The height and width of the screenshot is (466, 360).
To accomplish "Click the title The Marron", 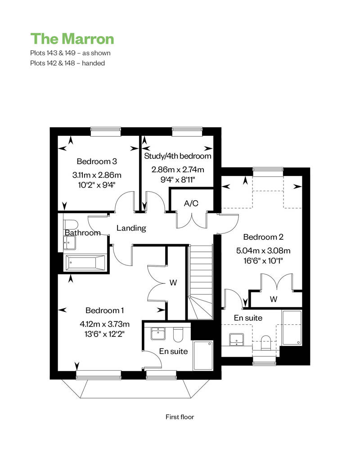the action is coord(72,39).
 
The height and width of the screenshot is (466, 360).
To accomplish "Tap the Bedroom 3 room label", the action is coord(97,161).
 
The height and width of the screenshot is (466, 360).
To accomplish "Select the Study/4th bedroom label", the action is coord(177,156).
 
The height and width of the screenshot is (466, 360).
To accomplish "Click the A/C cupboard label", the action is coord(191,203).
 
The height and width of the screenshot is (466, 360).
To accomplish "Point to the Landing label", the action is coord(131,228).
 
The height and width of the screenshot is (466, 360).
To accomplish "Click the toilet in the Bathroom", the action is coord(71,224).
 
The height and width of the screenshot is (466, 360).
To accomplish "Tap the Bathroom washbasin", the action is coord(70,243).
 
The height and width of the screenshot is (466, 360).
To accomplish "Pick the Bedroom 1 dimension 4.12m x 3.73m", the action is coord(104,324).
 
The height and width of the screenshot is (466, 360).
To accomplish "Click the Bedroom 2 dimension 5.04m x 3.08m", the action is coord(263,251).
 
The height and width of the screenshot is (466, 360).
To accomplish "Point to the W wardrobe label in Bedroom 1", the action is coord(173,282).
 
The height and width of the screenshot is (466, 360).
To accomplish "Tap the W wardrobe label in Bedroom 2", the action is coord(274,299).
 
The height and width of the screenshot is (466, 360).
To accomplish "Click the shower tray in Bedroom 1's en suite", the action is coord(203,355).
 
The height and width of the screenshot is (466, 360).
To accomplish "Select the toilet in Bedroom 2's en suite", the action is coord(265,342).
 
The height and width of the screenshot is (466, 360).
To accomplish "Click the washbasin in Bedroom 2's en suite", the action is coord(237,340).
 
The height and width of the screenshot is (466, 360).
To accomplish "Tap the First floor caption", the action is coord(180,417).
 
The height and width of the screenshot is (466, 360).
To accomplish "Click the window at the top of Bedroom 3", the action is coord(106,132).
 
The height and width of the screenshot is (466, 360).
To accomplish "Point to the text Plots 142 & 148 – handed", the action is coord(67,63).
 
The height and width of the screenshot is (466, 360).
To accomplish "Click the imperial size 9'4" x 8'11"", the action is coord(177,179).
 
